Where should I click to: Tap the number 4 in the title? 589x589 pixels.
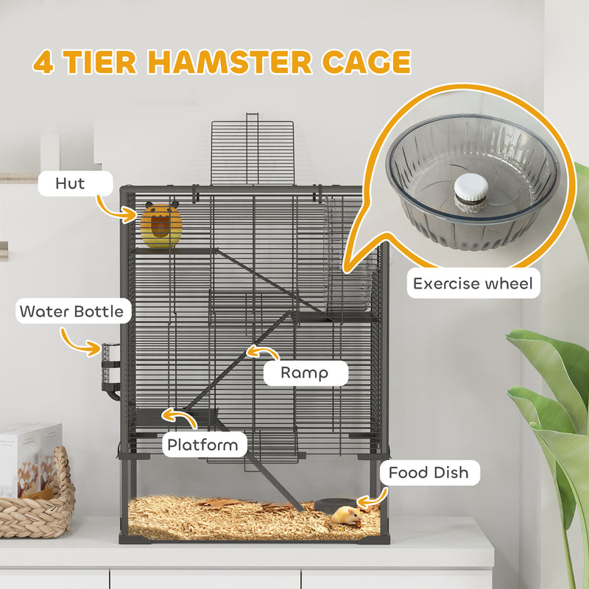pyautogui.click(x=43, y=62)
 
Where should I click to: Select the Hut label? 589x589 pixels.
pyautogui.click(x=70, y=183)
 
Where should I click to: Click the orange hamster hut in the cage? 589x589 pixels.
pyautogui.click(x=161, y=225)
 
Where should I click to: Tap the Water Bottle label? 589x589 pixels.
pyautogui.click(x=72, y=311)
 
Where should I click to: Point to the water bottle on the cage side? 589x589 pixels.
pyautogui.click(x=110, y=368)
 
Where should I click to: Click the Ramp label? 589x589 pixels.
pyautogui.click(x=304, y=373)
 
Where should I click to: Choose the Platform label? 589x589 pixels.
pyautogui.click(x=202, y=444)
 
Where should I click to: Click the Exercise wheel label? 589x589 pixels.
pyautogui.click(x=472, y=283)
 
